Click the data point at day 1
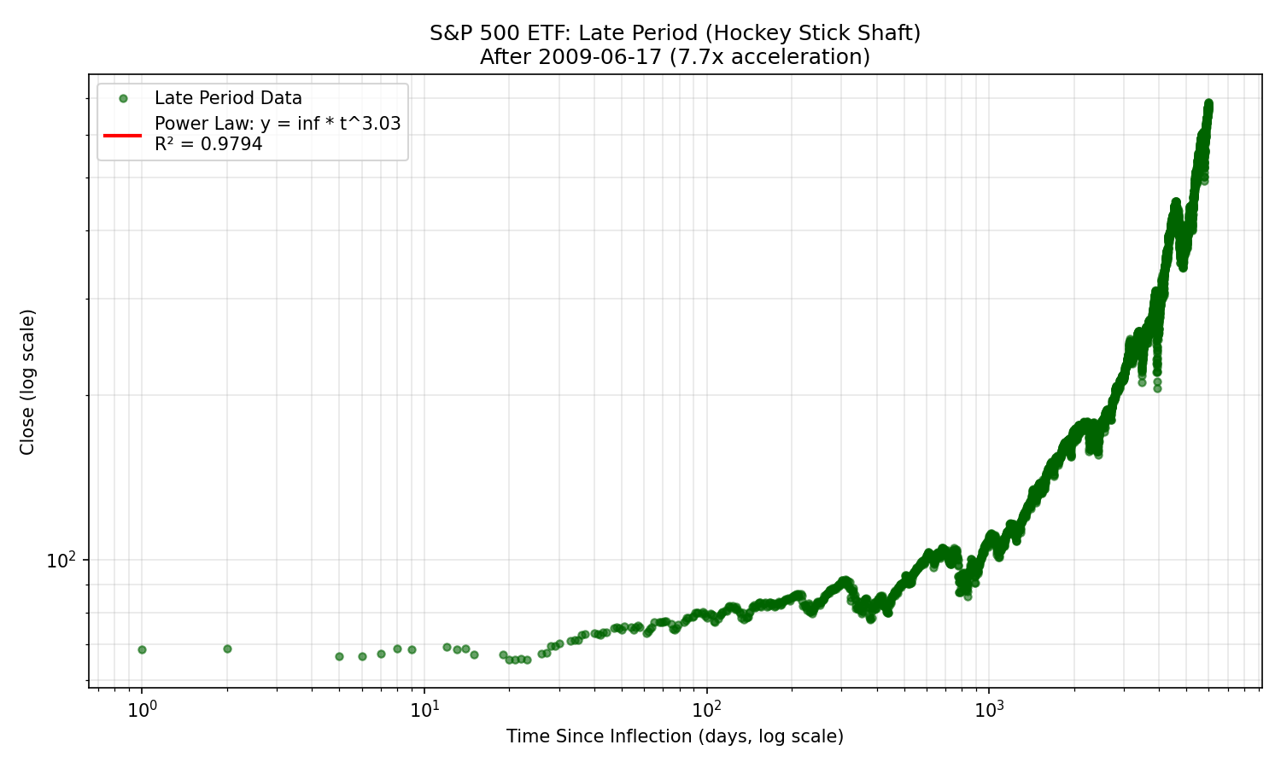click(142, 649)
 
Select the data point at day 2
click(227, 649)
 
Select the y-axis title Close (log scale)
click(27, 381)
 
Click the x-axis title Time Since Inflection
click(675, 736)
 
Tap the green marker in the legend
click(123, 99)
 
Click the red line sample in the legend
click(123, 134)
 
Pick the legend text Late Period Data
click(228, 99)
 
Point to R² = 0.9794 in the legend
click(208, 144)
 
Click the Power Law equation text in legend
click(278, 124)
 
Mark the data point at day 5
click(339, 656)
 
